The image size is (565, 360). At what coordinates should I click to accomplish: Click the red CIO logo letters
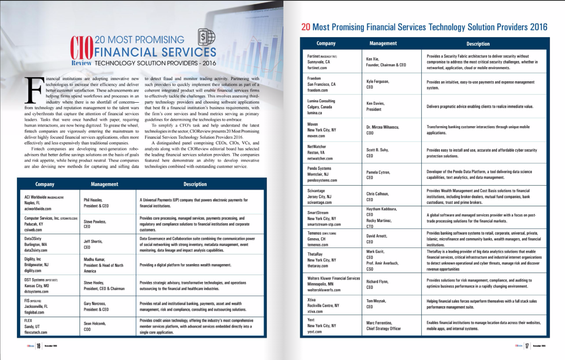coord(82,48)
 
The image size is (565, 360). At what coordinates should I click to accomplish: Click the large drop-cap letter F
coord(33,90)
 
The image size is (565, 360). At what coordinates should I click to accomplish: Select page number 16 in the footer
coord(38,346)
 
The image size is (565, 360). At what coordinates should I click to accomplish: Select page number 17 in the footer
coord(527,346)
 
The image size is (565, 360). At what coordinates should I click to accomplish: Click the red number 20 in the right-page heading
coord(305,27)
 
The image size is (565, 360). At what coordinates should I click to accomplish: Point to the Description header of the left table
coord(195,184)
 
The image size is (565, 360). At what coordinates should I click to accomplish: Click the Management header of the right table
coord(383,43)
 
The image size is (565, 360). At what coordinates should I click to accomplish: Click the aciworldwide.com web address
coord(37,208)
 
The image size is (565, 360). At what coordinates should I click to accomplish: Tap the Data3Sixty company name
coord(33,238)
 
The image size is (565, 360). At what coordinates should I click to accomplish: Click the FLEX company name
coord(29,320)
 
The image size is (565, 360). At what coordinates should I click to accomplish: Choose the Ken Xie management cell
coord(386,62)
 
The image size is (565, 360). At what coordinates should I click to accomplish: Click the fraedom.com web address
coord(317,90)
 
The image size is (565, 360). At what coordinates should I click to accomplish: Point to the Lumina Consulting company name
coord(321,101)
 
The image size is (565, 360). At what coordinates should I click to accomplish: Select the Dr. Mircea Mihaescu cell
coord(382,130)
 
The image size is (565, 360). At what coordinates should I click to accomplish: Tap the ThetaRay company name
coord(315,254)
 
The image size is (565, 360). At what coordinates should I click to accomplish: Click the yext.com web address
coord(314,331)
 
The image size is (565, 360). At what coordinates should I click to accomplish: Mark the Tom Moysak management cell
coord(376,304)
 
